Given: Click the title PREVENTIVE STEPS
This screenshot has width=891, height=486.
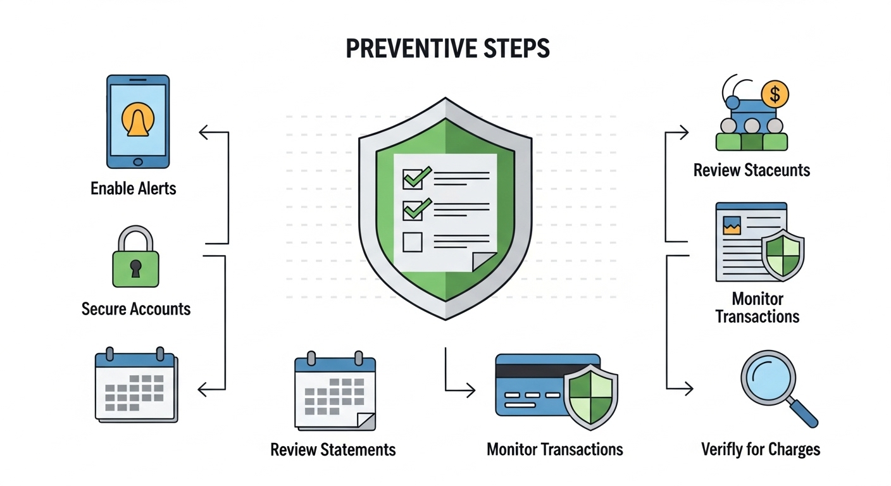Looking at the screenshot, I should point(447,49).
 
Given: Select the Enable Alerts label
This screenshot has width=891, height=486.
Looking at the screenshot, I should point(134,188).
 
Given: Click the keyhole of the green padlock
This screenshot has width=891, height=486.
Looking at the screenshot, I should point(136,269).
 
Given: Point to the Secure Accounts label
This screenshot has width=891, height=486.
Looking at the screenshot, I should point(136,309).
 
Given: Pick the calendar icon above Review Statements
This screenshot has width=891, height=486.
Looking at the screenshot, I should point(335,392).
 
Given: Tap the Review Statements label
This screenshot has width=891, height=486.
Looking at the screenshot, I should point(333,450).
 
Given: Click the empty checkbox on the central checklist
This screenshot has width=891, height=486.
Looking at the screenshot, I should point(413,241).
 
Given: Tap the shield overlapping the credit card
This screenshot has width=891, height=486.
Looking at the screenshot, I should point(590,396).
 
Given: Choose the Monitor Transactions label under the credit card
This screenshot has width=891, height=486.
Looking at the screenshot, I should point(554,450).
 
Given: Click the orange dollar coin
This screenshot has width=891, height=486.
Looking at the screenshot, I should point(775,95).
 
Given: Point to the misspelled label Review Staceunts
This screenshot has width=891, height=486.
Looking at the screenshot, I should point(751,170).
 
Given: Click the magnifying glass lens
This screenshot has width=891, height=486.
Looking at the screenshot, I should point(768,377).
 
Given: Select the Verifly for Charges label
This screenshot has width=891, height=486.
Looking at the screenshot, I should point(761,450).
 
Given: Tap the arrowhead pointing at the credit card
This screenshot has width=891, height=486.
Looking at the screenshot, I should point(470,391).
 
